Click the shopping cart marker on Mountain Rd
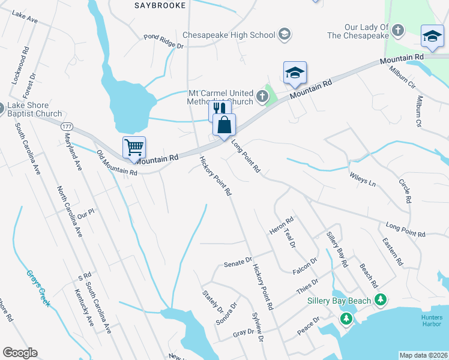(x=134, y=146)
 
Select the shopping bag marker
(x=224, y=124)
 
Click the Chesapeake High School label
(x=228, y=35)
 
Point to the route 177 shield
(x=67, y=127)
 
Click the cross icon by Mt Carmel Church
(x=262, y=95)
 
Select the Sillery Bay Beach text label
(x=339, y=301)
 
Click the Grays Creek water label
(x=37, y=288)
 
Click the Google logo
(x=20, y=353)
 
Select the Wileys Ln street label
(x=362, y=178)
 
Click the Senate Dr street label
(x=238, y=262)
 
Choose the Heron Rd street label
(x=281, y=226)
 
